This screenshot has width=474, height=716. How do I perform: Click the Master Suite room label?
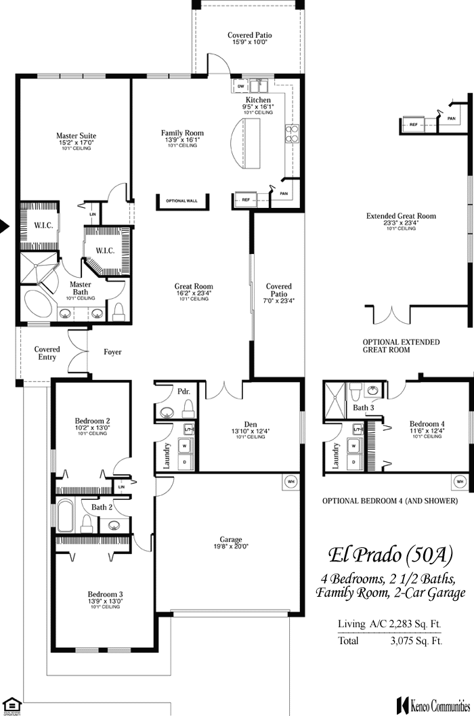click(x=76, y=136)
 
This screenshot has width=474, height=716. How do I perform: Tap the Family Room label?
click(x=182, y=133)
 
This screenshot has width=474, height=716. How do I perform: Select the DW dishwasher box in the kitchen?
click(x=241, y=86)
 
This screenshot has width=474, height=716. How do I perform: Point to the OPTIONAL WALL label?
click(x=181, y=201)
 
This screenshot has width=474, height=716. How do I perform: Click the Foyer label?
click(x=112, y=352)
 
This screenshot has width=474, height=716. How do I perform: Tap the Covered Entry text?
click(x=47, y=353)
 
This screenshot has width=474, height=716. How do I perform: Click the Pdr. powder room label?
click(x=183, y=392)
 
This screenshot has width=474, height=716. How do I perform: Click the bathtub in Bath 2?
click(x=65, y=516)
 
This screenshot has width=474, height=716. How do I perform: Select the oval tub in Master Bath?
click(x=39, y=303)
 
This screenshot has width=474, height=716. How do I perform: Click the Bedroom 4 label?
click(x=427, y=424)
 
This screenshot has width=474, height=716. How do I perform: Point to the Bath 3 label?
click(x=363, y=408)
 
